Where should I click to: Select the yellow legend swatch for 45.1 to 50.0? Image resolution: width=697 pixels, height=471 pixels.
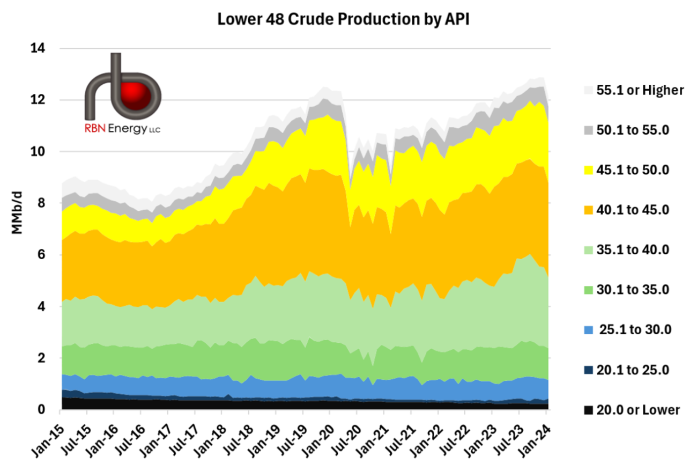(588, 170)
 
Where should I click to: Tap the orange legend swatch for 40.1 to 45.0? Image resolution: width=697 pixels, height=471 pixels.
(588, 210)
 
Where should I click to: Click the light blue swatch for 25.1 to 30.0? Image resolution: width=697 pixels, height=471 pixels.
(588, 330)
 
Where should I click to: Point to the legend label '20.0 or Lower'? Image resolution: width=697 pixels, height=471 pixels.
(636, 410)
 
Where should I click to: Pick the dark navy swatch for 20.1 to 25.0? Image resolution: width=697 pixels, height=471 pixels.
(588, 370)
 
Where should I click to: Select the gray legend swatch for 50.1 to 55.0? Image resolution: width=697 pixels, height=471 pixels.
(588, 130)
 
